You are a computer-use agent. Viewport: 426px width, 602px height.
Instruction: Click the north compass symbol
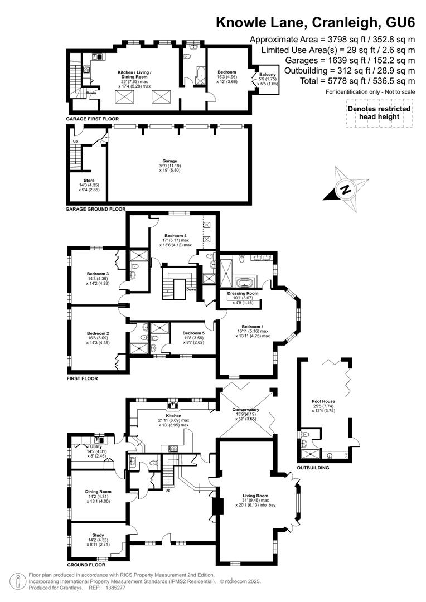pos(346,189)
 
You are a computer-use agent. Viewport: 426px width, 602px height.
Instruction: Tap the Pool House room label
pos(323,401)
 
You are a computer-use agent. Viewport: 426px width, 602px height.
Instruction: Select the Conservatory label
pos(245,410)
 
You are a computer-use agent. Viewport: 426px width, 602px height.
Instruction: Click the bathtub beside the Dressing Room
pos(242,283)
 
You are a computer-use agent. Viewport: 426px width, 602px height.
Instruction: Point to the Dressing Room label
pos(243,293)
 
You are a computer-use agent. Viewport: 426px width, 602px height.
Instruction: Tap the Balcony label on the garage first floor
pos(267,75)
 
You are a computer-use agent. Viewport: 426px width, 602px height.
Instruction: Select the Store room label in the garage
pos(89,181)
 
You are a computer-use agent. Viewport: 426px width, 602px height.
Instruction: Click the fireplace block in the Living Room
pos(218,506)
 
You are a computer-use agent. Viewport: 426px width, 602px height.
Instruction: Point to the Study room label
pos(98,535)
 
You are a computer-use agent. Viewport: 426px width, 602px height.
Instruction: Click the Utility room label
pos(96,447)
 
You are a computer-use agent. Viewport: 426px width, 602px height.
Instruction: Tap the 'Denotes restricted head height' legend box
pos(379,113)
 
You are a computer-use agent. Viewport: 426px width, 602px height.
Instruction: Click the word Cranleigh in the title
pos(345,23)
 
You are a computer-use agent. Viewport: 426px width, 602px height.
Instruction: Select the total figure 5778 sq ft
pos(348,81)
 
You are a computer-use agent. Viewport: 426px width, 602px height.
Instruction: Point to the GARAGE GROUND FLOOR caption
pos(96,209)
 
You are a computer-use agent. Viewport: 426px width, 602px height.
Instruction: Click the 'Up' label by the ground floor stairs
pos(167,491)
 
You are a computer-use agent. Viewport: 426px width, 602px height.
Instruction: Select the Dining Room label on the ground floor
pos(98,492)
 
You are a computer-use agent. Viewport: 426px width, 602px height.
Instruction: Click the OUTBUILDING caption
pos(313,468)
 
